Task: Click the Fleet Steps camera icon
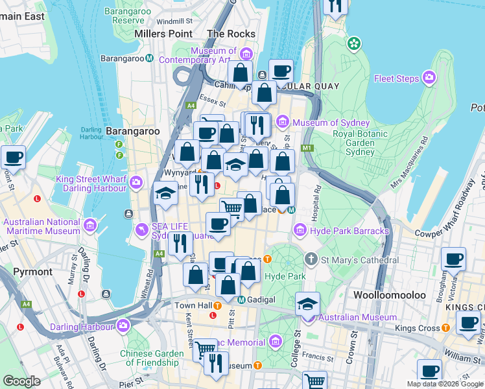point(429,78)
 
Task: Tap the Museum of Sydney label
point(331,123)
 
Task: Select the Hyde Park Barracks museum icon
point(300,230)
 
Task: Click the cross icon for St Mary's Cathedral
point(311,260)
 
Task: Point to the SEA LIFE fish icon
point(141,230)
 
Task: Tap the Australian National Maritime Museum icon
point(90,226)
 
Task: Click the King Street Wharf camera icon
point(136,183)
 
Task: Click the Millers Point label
point(163,34)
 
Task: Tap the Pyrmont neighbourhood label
point(32,271)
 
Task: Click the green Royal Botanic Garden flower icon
point(354,44)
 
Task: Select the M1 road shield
point(307,148)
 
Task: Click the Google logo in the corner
point(21,381)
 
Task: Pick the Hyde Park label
point(286,276)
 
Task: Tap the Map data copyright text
point(445,384)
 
